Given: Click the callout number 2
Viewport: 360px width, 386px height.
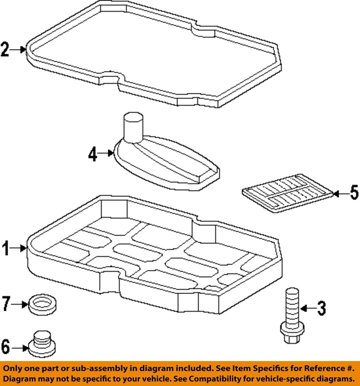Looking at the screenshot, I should pos(5,50).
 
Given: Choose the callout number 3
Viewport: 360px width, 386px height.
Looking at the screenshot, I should pos(321,308).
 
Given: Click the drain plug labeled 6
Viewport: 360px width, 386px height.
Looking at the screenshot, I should pos(43,343).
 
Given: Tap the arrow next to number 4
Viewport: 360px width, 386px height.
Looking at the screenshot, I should pos(106,153).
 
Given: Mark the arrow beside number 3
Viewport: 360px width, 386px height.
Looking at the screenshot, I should pos(308,308).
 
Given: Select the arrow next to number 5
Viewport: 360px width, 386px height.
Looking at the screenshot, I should pos(339,194).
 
